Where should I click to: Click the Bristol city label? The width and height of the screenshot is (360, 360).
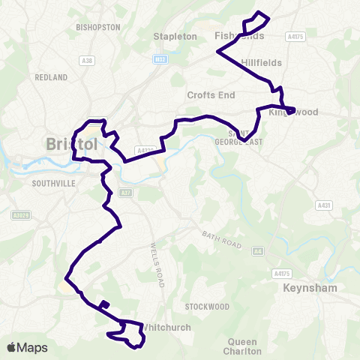tap(71, 143)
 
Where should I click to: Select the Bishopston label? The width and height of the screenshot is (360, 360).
tap(98, 27)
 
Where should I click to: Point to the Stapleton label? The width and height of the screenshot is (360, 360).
tap(175, 36)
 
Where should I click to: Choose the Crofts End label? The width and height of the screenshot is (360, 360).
tap(211, 95)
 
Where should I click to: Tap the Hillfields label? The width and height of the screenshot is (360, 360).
tap(262, 63)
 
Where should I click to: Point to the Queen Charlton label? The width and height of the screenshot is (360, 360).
tap(242, 346)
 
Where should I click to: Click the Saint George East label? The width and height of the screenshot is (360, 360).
tap(248, 137)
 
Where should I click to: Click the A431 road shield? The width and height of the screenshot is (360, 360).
tap(324, 204)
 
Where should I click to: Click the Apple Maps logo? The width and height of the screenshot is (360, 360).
tap(27, 347)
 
